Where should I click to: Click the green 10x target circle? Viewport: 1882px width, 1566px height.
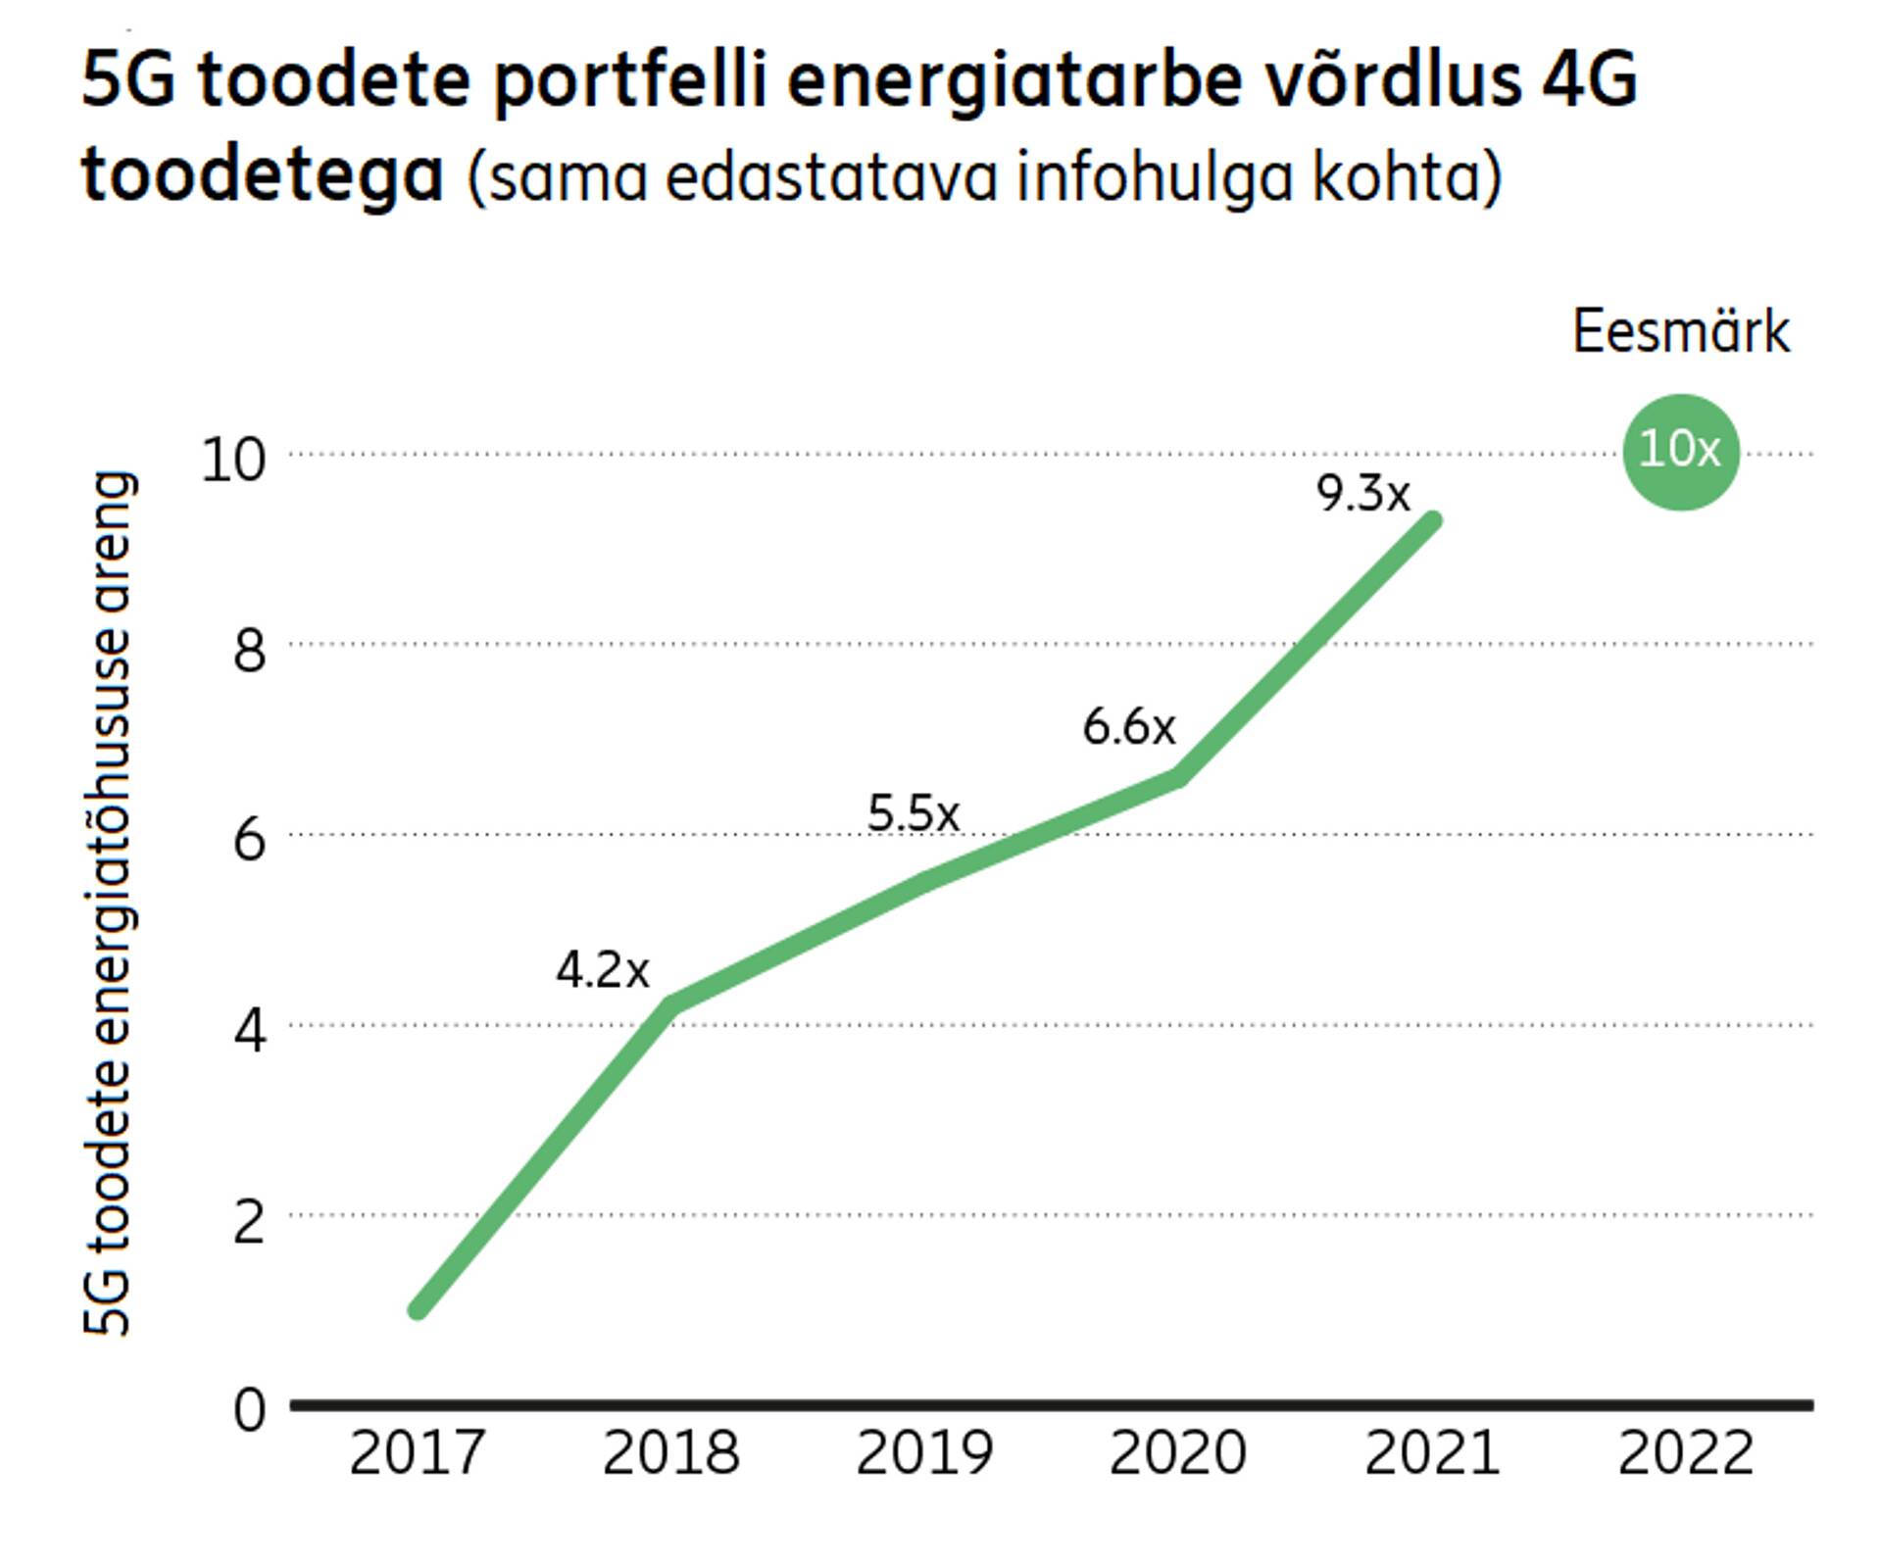1680,452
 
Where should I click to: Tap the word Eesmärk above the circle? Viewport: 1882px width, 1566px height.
1680,332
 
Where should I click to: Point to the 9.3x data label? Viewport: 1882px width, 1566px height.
1362,493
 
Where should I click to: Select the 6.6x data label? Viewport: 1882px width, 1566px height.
1128,727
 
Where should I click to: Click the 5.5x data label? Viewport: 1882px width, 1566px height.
913,813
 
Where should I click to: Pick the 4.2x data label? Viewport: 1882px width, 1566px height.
602,971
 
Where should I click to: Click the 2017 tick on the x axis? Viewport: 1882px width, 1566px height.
417,1452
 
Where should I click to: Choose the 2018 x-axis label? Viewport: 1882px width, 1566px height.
670,1452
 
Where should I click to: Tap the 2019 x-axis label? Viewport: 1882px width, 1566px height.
924,1452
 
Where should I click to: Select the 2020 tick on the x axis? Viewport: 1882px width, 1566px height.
1177,1452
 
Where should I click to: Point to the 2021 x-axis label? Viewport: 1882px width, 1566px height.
1432,1452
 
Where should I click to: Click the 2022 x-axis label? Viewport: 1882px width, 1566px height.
1685,1452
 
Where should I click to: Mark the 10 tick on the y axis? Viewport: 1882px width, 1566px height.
233,459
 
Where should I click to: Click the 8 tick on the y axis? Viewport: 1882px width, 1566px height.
249,649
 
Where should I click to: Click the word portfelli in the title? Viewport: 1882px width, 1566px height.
628,81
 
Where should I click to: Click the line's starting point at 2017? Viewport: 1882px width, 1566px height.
419,1309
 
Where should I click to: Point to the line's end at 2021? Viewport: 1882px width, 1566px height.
1432,521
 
